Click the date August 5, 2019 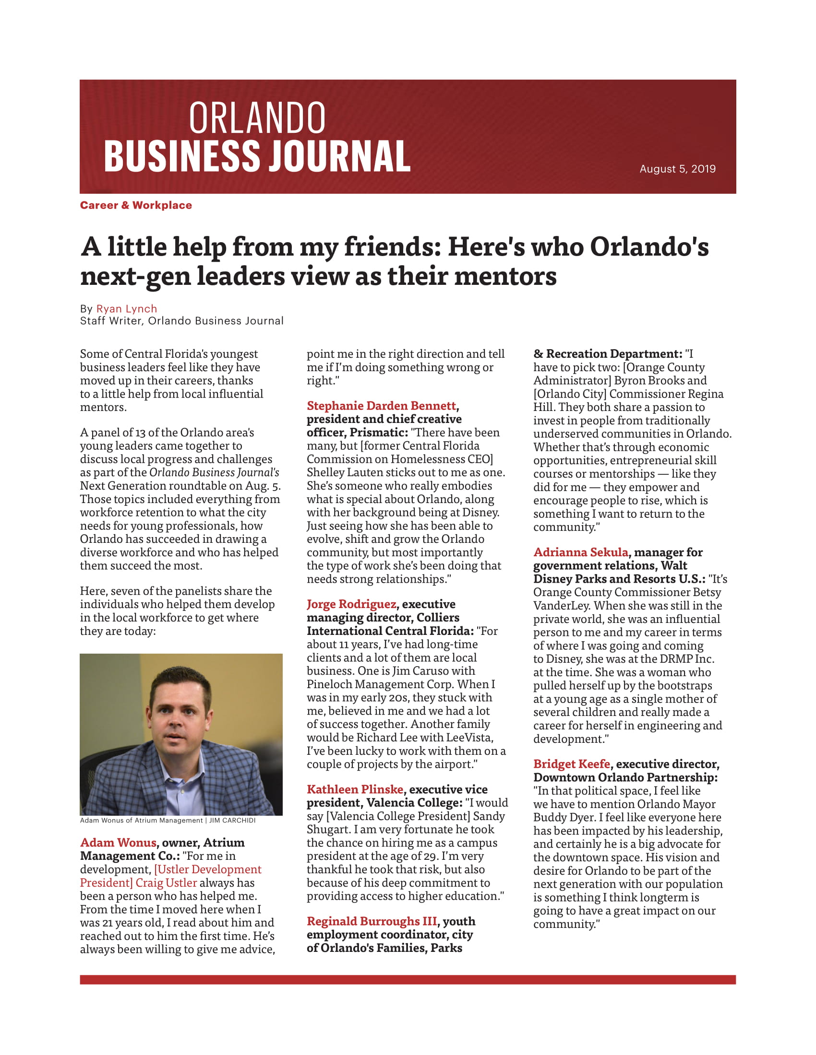tap(677, 169)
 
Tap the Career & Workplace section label tap(136, 205)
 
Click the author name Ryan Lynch tap(127, 309)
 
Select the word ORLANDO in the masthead tap(257, 118)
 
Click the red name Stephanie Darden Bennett tap(381, 405)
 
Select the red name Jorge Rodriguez tap(351, 604)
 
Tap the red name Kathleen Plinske tap(355, 789)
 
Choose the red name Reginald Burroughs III tap(372, 921)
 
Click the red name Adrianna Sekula tap(581, 551)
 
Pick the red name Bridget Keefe tap(571, 764)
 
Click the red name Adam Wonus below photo tap(118, 843)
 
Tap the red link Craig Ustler tap(166, 882)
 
